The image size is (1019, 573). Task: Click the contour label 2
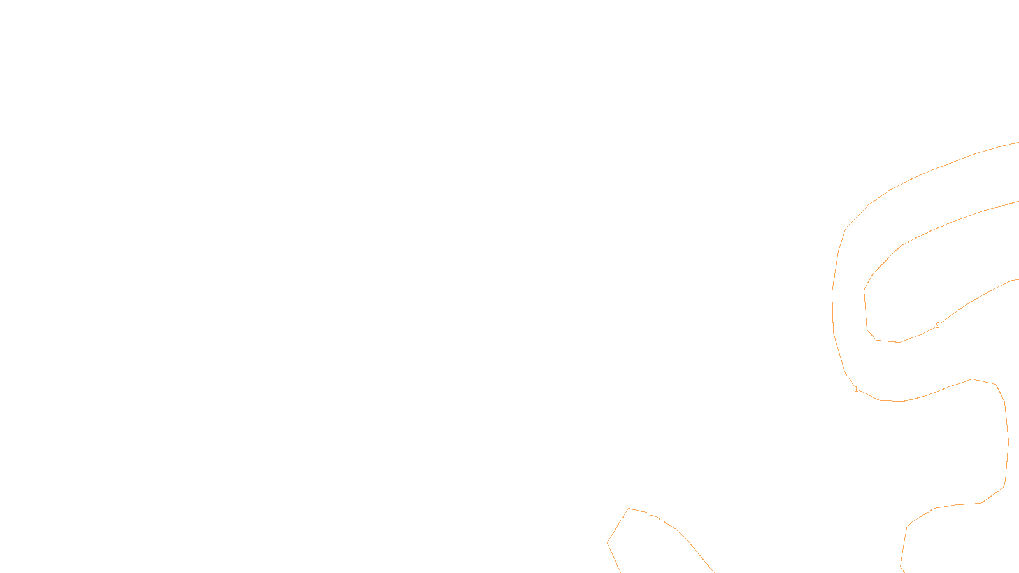(937, 325)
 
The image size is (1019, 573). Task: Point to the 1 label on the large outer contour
(856, 389)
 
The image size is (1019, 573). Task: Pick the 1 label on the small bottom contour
(652, 513)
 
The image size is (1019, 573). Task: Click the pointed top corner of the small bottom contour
(629, 509)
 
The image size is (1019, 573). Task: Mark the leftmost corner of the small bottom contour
(608, 542)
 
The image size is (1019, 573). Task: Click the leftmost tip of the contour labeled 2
(864, 291)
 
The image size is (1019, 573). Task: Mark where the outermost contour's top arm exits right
(1017, 143)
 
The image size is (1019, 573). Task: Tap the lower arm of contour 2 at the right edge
(1017, 279)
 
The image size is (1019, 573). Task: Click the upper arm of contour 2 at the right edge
(1017, 202)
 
